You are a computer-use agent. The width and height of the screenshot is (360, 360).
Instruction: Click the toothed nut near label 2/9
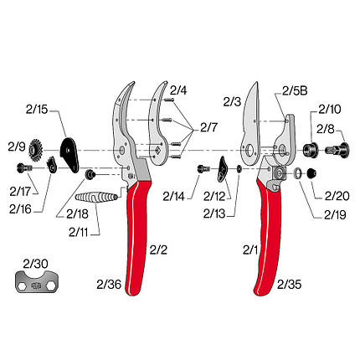35,151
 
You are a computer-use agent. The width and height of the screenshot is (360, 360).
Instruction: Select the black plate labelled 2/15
69,154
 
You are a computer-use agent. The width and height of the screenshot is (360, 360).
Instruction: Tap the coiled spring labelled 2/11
95,198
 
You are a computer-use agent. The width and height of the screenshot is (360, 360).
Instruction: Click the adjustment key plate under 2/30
37,281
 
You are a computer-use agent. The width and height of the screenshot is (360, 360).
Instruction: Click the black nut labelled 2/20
311,173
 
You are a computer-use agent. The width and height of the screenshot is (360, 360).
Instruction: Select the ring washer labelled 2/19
298,173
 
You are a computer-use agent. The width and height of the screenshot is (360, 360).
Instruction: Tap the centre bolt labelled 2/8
337,150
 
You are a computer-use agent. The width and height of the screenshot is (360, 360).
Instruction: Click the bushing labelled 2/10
310,150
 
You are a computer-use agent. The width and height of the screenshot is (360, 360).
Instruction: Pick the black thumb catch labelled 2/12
223,169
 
